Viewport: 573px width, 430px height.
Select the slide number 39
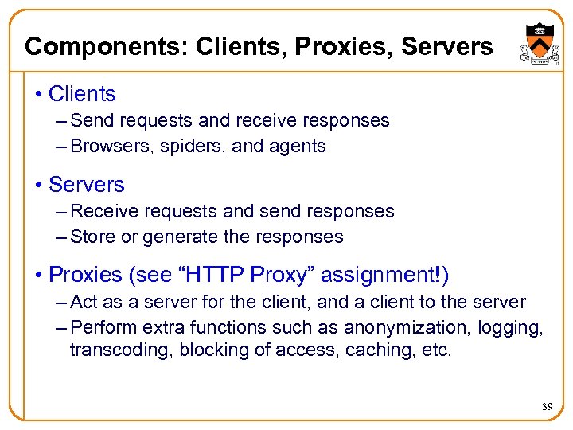pyautogui.click(x=547, y=407)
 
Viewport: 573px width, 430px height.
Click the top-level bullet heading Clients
pyautogui.click(x=82, y=94)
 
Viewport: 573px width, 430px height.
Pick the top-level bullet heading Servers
pyautogui.click(x=87, y=185)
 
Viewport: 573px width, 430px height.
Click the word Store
pyautogui.click(x=91, y=237)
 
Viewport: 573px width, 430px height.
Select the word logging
pyautogui.click(x=513, y=328)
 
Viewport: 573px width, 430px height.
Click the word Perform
pyautogui.click(x=100, y=328)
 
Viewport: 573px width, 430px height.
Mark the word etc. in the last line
pyautogui.click(x=435, y=350)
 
